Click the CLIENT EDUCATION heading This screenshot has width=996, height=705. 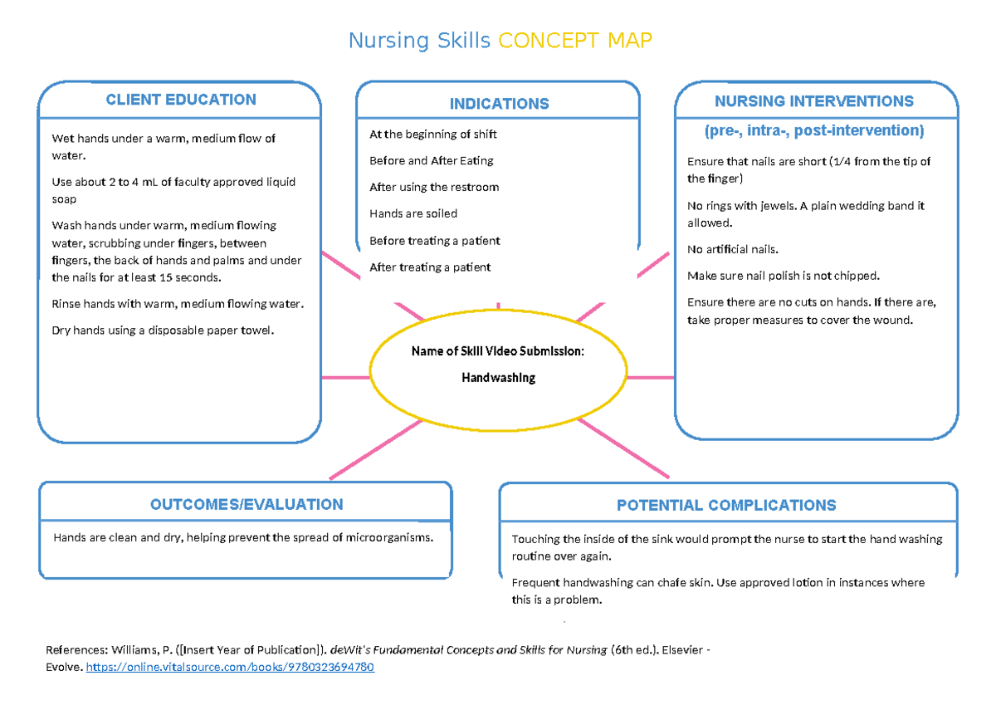pyautogui.click(x=180, y=100)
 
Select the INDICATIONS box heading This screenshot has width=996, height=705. pyautogui.click(x=499, y=104)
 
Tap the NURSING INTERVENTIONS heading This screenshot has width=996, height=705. pyautogui.click(x=813, y=101)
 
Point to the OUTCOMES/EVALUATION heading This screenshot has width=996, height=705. pyautogui.click(x=247, y=504)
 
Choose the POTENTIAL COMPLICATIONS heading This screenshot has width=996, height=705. pyautogui.click(x=726, y=505)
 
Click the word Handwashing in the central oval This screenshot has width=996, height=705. pyautogui.click(x=498, y=378)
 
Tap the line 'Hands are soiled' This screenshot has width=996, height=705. pyautogui.click(x=413, y=213)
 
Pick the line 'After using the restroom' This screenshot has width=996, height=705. pyautogui.click(x=434, y=187)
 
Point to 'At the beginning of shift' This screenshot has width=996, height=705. pyautogui.click(x=432, y=134)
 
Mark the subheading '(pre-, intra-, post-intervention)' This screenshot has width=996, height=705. pyautogui.click(x=813, y=130)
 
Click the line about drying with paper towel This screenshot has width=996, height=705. pyautogui.click(x=162, y=330)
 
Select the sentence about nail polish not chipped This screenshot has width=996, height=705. pyautogui.click(x=783, y=276)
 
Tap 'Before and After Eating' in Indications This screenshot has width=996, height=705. pyautogui.click(x=431, y=160)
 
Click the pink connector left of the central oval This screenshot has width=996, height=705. pyautogui.click(x=344, y=378)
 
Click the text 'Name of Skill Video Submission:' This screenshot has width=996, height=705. pyautogui.click(x=498, y=351)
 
